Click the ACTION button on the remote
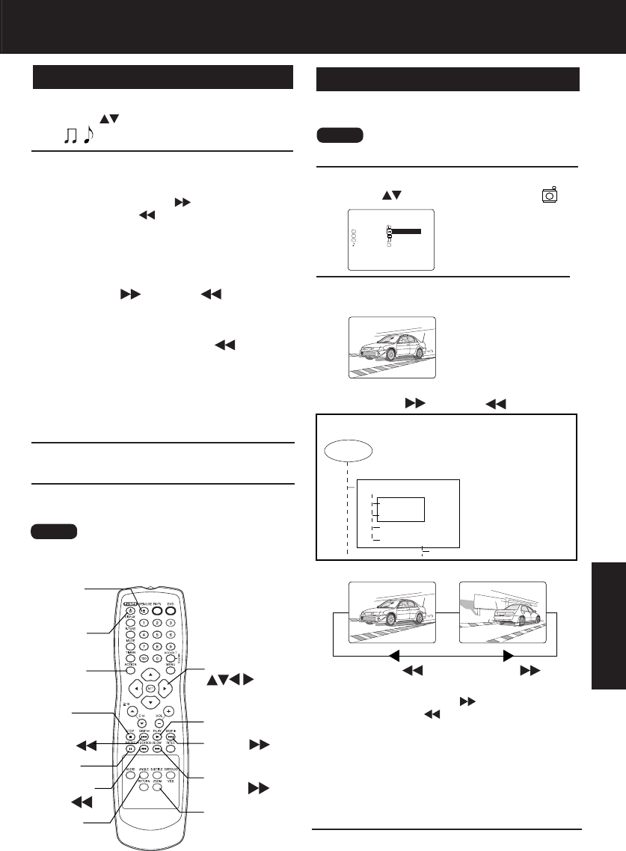coord(130,670)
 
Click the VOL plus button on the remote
coord(170,711)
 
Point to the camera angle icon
coord(550,194)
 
